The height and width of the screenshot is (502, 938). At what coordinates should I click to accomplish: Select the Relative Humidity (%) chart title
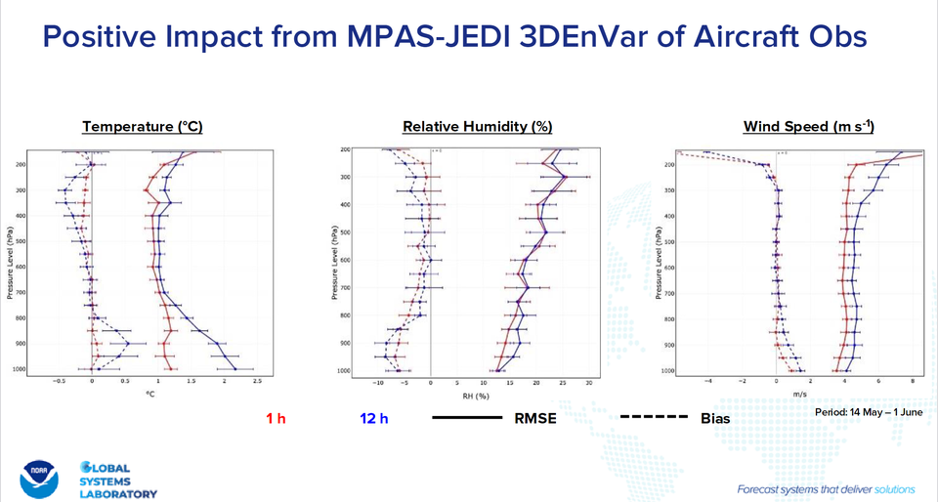[x=478, y=126]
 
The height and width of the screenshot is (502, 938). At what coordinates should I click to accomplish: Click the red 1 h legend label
[x=276, y=419]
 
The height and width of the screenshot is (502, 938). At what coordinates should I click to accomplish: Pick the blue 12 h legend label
[x=374, y=419]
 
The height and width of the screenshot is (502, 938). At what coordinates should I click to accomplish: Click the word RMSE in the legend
[x=537, y=419]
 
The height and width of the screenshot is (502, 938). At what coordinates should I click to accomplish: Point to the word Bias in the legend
[x=714, y=419]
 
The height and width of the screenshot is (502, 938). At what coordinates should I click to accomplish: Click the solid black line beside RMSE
[x=466, y=418]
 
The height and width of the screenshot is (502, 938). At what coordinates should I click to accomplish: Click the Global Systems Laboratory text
[x=118, y=480]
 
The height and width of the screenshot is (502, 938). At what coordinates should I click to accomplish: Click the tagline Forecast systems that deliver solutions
[x=826, y=487]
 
